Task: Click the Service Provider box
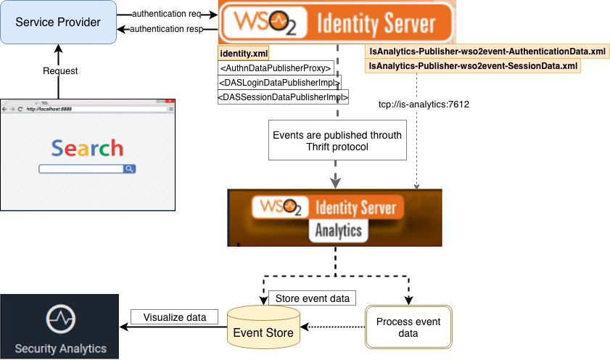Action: [59, 22]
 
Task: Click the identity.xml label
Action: [244, 54]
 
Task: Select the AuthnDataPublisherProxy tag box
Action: [276, 68]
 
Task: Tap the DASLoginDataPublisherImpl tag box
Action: [279, 82]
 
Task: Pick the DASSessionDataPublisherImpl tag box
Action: [284, 96]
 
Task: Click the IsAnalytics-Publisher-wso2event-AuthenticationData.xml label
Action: [487, 52]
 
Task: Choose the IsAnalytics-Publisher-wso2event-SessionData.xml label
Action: [473, 65]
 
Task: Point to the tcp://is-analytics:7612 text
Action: [424, 105]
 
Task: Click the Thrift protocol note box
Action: [336, 141]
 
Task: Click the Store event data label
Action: [312, 298]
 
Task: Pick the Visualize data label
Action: [169, 317]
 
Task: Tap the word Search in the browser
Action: [87, 149]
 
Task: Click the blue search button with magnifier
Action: [129, 169]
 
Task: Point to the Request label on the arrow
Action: [59, 71]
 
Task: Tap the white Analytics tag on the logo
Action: [338, 231]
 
